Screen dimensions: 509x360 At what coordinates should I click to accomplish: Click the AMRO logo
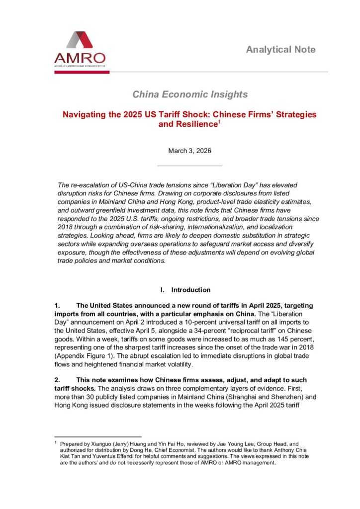80,49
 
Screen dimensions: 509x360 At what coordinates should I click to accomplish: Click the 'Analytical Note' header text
280,49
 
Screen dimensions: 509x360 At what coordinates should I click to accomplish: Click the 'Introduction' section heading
191,290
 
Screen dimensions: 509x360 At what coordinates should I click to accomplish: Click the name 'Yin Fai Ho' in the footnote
163,443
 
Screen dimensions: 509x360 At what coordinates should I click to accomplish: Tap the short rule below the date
189,166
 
